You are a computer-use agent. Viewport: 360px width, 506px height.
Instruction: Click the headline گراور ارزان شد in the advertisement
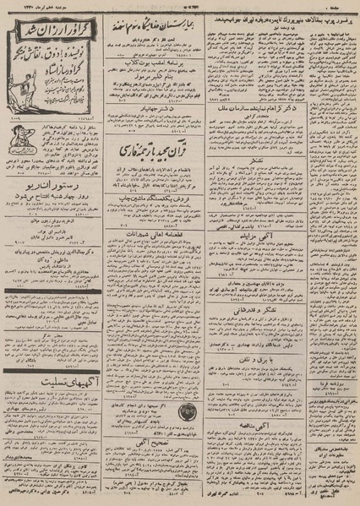(53, 29)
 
